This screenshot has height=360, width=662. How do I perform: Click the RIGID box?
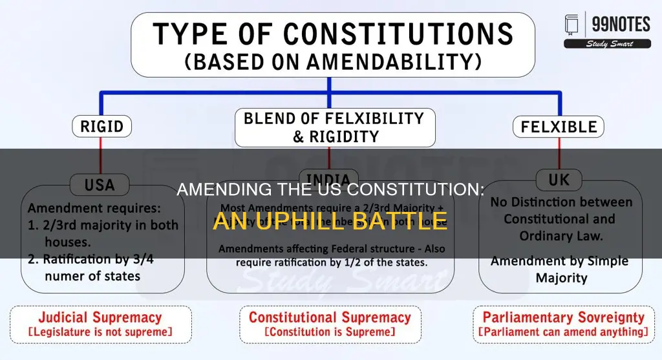(x=102, y=127)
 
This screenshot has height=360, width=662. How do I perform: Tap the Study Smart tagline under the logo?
(x=607, y=44)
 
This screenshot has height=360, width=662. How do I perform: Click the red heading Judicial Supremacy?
(x=101, y=317)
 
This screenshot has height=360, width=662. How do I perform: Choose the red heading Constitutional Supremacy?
(x=330, y=317)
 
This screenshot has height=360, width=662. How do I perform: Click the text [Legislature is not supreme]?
(x=101, y=332)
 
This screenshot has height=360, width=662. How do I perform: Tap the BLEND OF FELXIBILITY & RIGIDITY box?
(x=330, y=127)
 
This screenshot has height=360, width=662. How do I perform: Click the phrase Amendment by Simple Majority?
(x=559, y=270)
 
